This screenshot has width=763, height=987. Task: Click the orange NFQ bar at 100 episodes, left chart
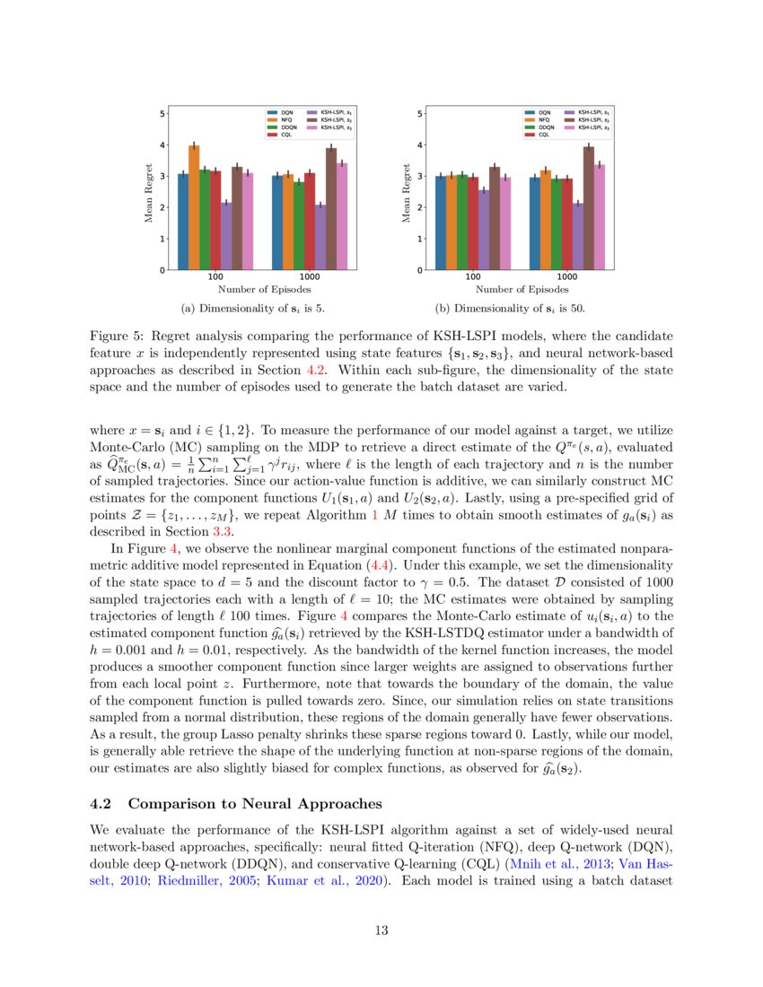tap(194, 207)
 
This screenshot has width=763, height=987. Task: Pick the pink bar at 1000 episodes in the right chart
tap(600, 217)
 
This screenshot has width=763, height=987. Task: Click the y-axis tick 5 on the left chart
tap(162, 113)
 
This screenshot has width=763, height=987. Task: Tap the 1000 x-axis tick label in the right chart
tap(567, 278)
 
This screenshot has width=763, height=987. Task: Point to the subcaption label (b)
tap(442, 310)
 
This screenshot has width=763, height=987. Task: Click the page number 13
tap(381, 930)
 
